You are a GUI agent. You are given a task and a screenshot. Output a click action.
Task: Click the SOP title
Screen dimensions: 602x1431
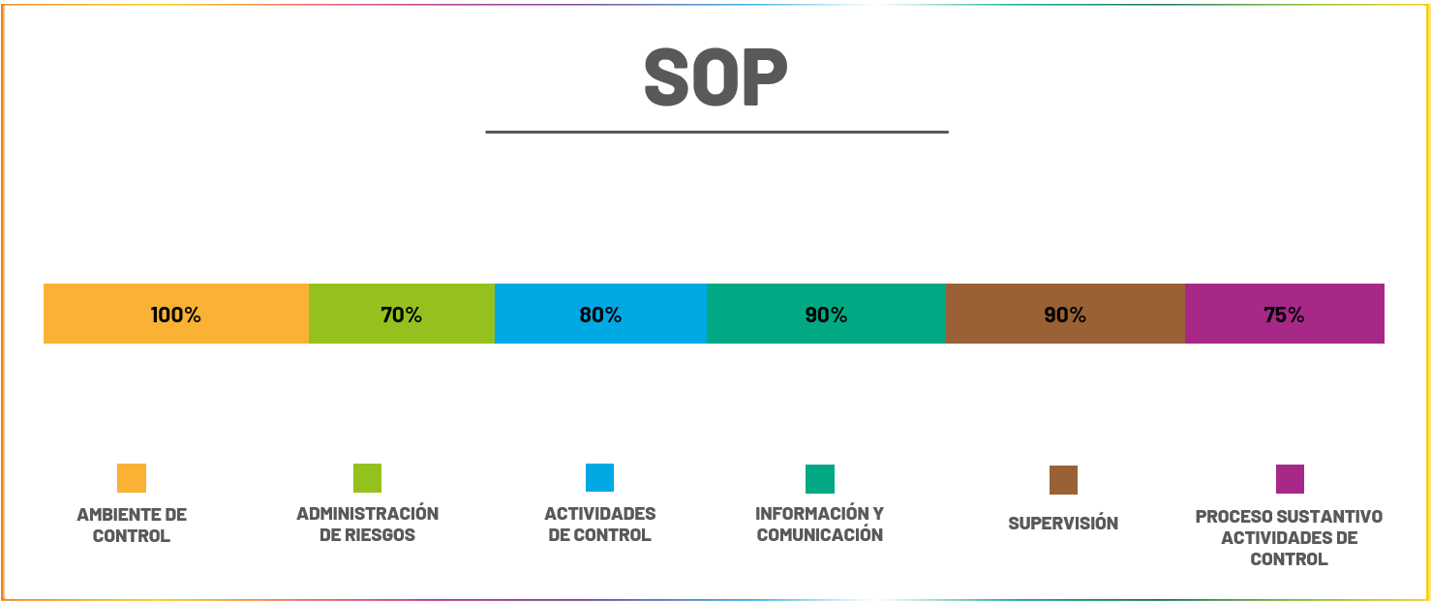715,78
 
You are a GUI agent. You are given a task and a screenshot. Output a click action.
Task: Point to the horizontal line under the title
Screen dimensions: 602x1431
716,132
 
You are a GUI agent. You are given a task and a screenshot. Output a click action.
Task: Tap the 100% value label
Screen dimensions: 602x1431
176,315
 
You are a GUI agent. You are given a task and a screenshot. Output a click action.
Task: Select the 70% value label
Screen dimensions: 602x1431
401,315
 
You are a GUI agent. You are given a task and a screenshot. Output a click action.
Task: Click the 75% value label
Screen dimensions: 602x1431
1284,315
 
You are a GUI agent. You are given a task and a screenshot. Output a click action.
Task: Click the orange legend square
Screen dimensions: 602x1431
132,478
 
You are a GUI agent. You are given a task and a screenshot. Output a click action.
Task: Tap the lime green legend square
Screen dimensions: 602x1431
367,478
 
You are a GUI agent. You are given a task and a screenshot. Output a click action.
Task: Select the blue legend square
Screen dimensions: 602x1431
599,478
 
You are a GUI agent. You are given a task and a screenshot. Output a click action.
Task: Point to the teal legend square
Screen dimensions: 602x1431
820,479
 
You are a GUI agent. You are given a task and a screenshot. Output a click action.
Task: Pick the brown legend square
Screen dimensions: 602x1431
1063,480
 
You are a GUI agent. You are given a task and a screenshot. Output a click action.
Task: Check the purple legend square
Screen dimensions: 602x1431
1290,479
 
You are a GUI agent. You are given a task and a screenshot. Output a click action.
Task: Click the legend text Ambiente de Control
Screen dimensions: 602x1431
132,525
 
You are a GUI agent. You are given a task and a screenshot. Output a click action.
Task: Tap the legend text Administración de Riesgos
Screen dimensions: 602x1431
367,524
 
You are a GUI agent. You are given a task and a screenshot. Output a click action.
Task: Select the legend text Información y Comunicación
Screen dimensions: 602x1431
820,524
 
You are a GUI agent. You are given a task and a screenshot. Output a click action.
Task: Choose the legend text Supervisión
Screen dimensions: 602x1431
1063,524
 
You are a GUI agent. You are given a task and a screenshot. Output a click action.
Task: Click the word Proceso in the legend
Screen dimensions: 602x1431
1233,517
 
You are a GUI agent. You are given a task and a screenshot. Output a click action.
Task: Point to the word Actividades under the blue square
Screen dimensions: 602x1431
599,514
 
